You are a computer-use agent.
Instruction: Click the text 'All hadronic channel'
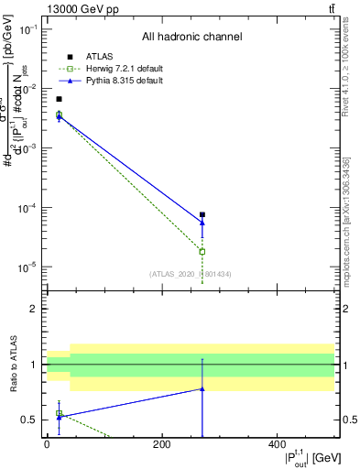pyautogui.click(x=191, y=38)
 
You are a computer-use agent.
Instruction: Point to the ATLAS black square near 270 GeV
pyautogui.click(x=202, y=214)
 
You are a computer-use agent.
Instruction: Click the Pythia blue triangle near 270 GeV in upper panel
pyautogui.click(x=202, y=223)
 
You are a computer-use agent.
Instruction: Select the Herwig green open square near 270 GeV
pyautogui.click(x=202, y=251)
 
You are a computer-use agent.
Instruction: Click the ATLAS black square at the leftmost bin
pyautogui.click(x=59, y=99)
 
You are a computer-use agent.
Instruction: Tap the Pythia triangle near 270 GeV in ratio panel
pyautogui.click(x=202, y=389)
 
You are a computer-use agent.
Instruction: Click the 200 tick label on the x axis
pyautogui.click(x=162, y=445)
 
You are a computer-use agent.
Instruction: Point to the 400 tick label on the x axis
pyautogui.click(x=278, y=445)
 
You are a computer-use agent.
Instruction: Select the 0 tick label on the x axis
pyautogui.click(x=47, y=445)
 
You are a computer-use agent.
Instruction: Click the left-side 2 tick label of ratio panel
pyautogui.click(x=33, y=309)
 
